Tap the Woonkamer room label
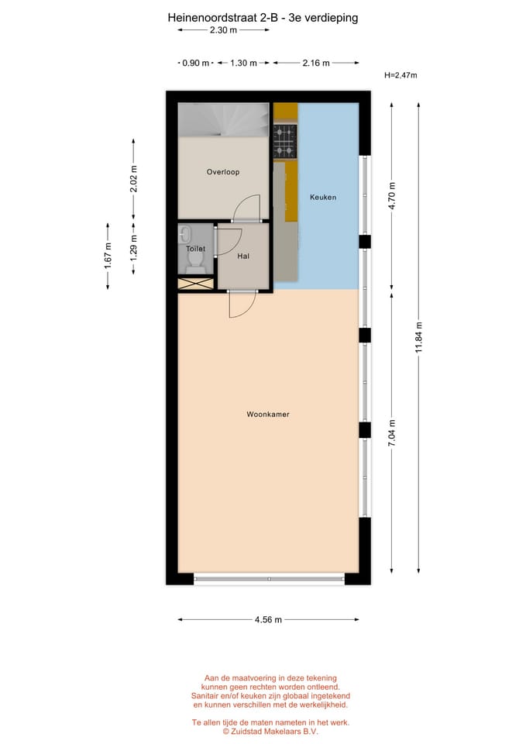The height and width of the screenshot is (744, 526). click(268, 415)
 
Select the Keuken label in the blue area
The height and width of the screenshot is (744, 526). click(322, 197)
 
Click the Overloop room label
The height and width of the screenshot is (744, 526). click(221, 171)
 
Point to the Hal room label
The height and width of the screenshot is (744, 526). click(242, 256)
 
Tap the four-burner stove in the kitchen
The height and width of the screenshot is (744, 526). click(285, 141)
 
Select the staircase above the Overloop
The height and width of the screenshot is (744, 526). click(224, 120)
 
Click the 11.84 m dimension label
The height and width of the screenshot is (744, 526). click(419, 337)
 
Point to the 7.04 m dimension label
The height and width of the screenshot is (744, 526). click(392, 434)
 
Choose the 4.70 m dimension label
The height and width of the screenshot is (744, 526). click(392, 196)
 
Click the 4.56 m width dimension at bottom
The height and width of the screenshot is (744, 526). click(268, 619)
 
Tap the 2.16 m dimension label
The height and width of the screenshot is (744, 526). click(315, 63)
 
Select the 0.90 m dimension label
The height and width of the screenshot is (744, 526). click(195, 63)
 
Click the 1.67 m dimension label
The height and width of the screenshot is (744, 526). click(108, 256)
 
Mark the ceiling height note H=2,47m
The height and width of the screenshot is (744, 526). click(401, 75)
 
